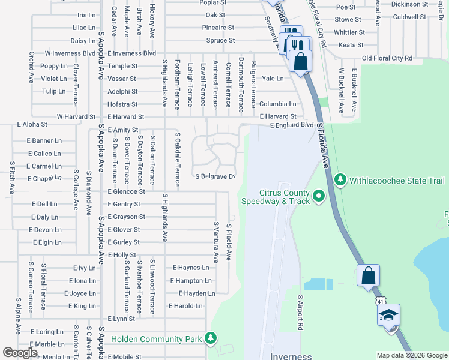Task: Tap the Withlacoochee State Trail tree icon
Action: tap(340, 179)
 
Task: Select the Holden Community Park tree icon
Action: tap(210, 339)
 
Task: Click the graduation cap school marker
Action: tap(388, 315)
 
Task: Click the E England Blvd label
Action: tap(292, 125)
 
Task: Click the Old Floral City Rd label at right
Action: tap(387, 58)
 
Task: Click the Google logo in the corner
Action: tap(20, 353)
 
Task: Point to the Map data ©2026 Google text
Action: tap(411, 355)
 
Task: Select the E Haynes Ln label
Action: tap(191, 268)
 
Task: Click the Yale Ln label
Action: tap(273, 79)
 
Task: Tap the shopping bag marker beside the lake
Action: tap(368, 276)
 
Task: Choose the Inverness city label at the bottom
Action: tap(291, 356)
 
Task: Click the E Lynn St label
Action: tap(119, 319)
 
